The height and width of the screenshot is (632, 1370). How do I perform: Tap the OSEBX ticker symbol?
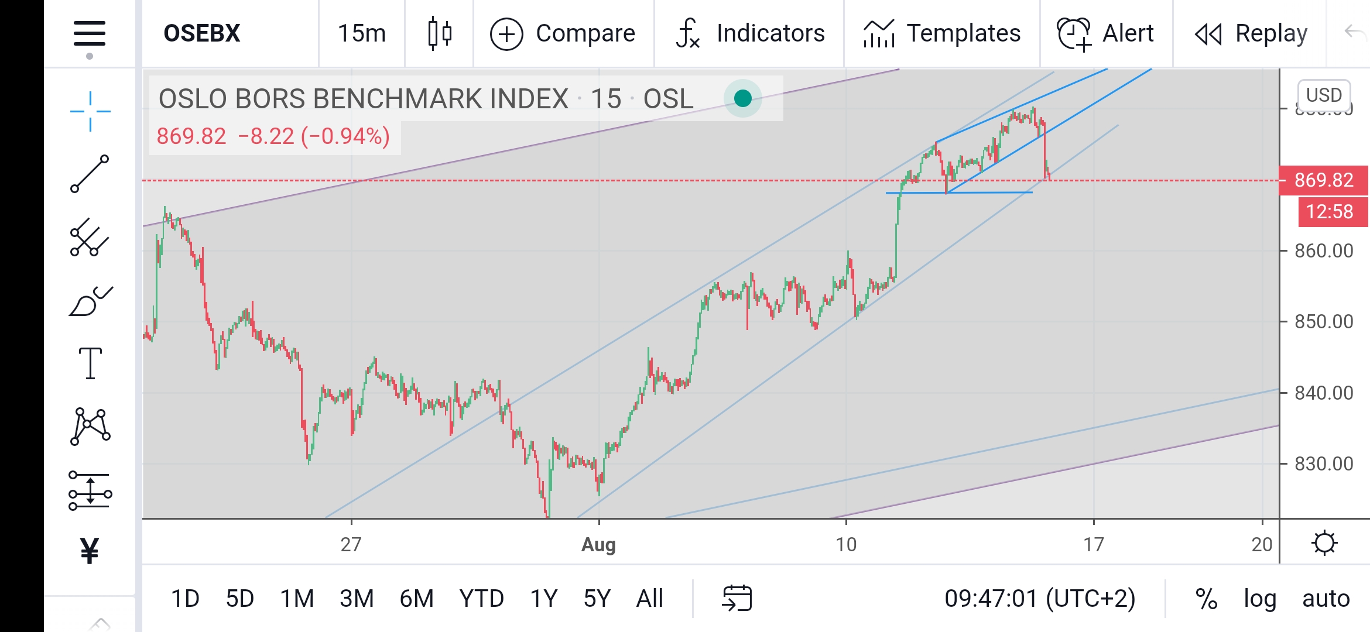click(x=202, y=33)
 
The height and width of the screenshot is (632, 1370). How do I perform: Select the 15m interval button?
click(x=362, y=33)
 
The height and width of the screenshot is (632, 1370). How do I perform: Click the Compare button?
click(x=563, y=33)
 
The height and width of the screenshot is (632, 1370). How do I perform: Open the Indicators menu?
click(x=751, y=33)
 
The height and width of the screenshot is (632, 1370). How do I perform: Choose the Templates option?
click(x=942, y=33)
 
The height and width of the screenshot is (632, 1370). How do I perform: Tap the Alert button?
click(x=1106, y=33)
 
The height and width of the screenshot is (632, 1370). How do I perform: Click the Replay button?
click(x=1251, y=33)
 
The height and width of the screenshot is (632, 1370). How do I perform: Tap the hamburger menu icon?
click(x=90, y=33)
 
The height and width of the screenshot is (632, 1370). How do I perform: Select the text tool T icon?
click(x=90, y=363)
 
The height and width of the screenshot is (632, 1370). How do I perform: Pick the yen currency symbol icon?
click(x=90, y=550)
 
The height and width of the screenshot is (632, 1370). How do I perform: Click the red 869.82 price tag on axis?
click(x=1324, y=180)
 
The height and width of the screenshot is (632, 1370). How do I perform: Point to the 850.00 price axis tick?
click(x=1324, y=322)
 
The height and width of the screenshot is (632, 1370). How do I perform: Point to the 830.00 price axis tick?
click(x=1324, y=464)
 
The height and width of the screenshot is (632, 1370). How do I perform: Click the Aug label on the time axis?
click(x=598, y=544)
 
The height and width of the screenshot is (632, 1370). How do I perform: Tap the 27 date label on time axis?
click(x=351, y=544)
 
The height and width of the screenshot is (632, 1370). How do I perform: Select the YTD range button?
click(x=481, y=599)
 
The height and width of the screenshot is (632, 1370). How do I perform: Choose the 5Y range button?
click(x=597, y=599)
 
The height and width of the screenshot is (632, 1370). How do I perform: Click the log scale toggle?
click(x=1260, y=599)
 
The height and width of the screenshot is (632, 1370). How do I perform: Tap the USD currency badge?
click(x=1324, y=95)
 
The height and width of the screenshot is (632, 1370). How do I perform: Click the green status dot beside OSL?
click(x=743, y=98)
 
